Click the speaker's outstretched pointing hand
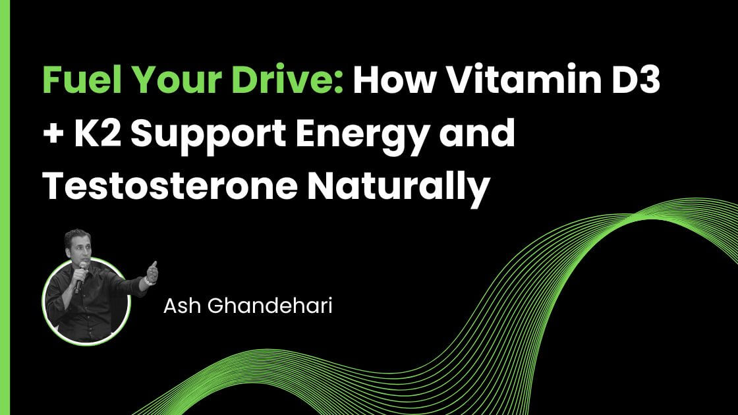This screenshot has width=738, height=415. point(152,271)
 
